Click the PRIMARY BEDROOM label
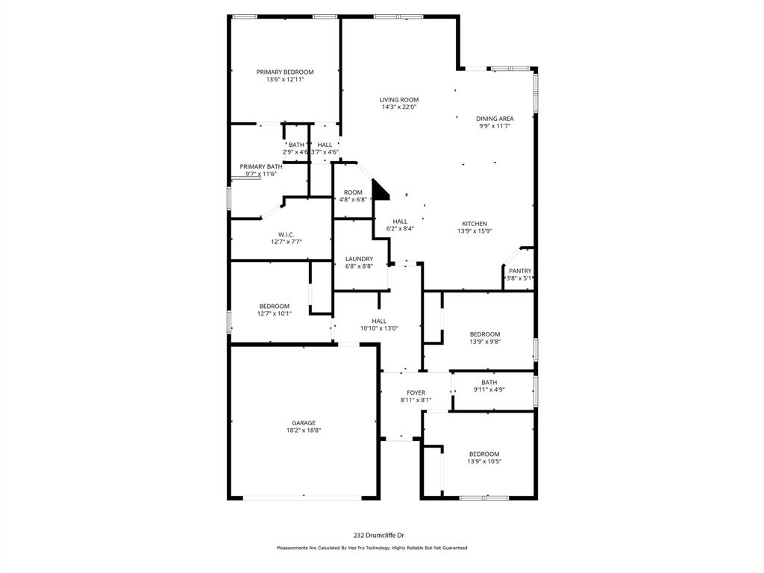click(x=285, y=72)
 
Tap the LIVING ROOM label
click(x=398, y=99)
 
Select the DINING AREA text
click(x=495, y=119)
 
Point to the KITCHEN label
click(x=475, y=224)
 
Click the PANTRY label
click(x=520, y=271)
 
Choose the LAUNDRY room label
click(x=359, y=259)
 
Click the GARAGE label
click(x=303, y=423)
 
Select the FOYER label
click(x=416, y=392)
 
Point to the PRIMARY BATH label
click(x=261, y=166)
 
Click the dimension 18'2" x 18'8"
click(x=303, y=430)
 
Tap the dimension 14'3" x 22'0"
click(x=398, y=107)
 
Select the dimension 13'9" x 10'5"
click(x=484, y=462)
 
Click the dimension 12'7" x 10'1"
click(x=275, y=314)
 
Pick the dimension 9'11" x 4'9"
click(x=489, y=389)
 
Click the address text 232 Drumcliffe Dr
click(x=378, y=535)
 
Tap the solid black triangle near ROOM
click(x=381, y=190)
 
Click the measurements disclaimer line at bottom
click(x=372, y=548)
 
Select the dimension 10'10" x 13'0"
click(x=379, y=328)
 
